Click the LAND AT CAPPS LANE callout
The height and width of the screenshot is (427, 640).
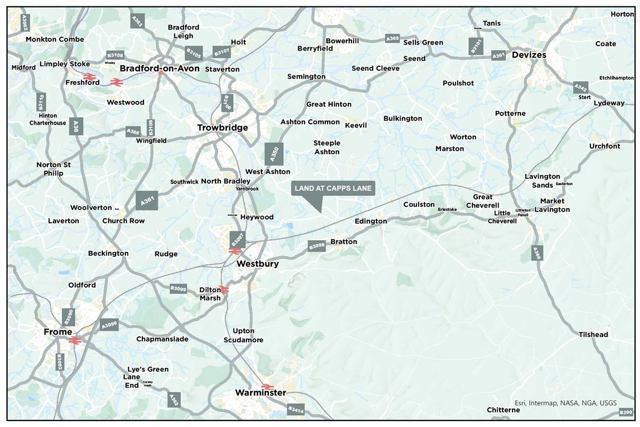coord(333,188)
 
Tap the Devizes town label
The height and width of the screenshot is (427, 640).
coord(529,55)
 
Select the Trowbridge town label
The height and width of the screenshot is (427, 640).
coord(222,128)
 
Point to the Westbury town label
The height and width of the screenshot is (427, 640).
coord(257,264)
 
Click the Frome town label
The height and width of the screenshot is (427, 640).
coord(58,332)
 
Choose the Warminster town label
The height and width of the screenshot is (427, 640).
coord(260,393)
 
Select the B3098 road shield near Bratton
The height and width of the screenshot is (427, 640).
coord(317,246)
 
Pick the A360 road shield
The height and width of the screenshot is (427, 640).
coord(537,254)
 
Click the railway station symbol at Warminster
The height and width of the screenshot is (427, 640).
coord(268,386)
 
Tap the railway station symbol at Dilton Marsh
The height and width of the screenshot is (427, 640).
coord(225,290)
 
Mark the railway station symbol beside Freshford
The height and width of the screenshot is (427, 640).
coord(89,77)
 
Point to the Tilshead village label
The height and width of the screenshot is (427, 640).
coord(593,335)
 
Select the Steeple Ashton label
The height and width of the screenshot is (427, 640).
coord(326,147)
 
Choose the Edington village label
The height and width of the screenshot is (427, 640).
coord(371,221)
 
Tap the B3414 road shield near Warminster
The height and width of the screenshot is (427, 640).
coord(295,410)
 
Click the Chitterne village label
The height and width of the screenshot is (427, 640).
coord(503,410)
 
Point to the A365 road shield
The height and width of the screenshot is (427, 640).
coord(393,39)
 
